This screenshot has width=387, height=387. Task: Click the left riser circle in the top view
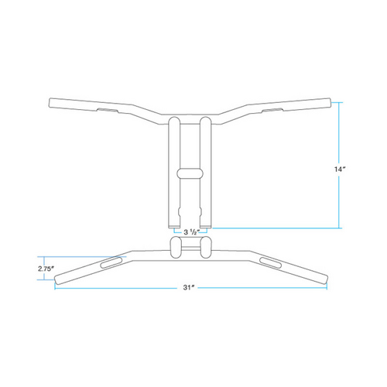(x=175, y=248)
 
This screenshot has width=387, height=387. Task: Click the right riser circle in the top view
(x=207, y=248)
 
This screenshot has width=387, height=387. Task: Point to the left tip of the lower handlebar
(x=58, y=278)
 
